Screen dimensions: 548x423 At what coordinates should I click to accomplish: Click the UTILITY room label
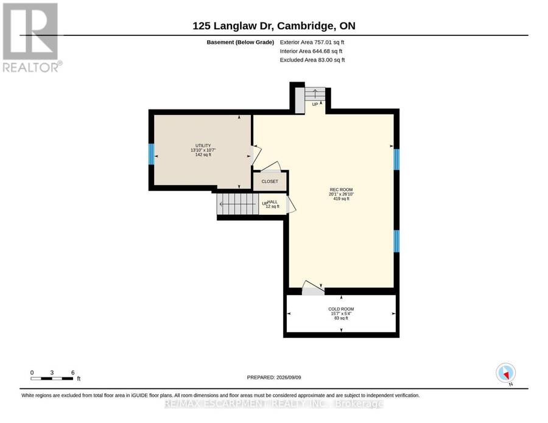203,145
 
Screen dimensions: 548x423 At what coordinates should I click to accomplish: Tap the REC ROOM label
341,190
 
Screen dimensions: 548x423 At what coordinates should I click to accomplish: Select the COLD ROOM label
341,309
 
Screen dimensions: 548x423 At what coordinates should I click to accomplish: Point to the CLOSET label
270,181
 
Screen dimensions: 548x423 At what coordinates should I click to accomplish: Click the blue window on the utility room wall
152,154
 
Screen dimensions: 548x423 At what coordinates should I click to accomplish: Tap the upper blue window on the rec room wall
396,159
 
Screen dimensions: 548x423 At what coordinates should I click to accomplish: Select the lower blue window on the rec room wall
396,241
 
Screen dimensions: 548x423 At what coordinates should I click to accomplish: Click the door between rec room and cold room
313,288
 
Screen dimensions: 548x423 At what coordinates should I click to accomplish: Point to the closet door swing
271,167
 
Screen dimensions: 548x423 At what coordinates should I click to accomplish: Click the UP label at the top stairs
315,105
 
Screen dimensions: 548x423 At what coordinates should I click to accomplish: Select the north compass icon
506,372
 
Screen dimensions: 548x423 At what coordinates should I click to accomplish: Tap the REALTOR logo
31,37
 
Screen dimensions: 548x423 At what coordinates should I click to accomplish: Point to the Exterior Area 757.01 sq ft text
312,42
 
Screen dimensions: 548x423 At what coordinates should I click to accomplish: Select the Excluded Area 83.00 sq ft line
312,60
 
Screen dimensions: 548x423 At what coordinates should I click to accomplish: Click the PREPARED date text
274,377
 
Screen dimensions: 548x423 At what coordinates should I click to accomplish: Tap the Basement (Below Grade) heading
241,42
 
